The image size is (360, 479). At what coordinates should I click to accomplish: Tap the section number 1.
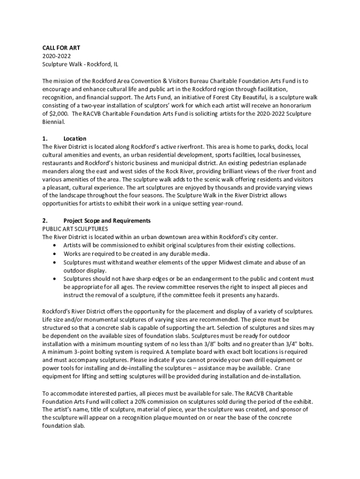point(45,138)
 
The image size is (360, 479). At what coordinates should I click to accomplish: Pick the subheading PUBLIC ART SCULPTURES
point(75,229)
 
